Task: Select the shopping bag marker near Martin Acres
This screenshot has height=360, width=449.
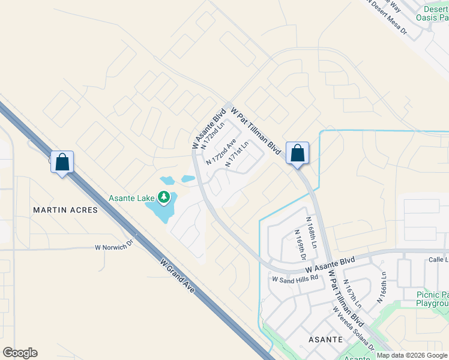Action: (62, 162)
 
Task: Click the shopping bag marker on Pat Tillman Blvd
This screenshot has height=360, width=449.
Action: (297, 154)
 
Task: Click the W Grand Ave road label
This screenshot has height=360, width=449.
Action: (178, 275)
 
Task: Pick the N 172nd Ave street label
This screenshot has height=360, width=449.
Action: (220, 153)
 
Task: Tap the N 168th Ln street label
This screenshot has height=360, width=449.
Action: (312, 233)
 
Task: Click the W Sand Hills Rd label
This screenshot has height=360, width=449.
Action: (294, 279)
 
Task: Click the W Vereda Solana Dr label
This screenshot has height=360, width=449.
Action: (354, 329)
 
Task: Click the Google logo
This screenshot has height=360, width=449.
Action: (20, 353)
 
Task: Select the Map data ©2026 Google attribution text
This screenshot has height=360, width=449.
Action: (412, 355)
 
